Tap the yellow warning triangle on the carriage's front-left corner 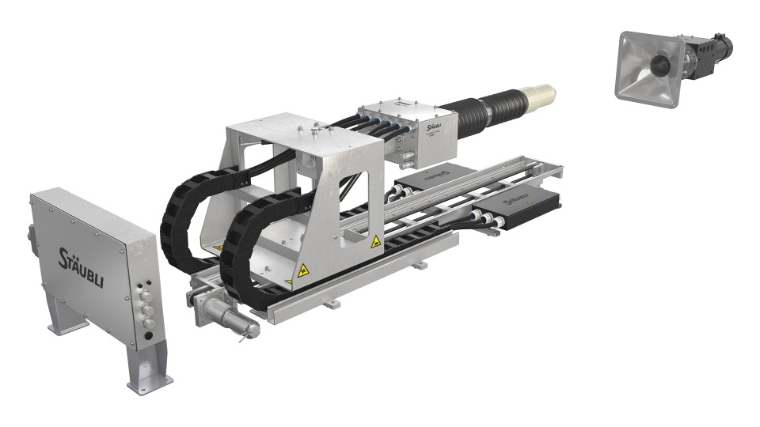click(302, 270)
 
